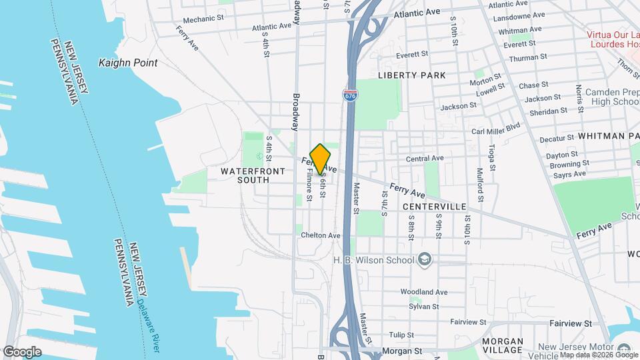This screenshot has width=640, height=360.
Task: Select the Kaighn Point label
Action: pos(128,63)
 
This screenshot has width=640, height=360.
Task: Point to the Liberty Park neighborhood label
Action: pos(411,75)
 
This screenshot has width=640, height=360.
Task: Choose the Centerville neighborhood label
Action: pos(434,207)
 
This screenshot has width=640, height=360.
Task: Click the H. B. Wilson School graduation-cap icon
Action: pos(425,259)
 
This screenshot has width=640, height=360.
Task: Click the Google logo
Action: pos(22,351)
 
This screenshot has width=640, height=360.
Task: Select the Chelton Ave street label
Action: pos(321,235)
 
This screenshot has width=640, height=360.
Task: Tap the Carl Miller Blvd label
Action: pos(495,127)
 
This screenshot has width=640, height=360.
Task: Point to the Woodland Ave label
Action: pos(423,292)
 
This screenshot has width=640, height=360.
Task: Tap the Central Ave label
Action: pos(425,159)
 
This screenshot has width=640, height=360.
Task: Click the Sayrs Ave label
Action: pos(569,174)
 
